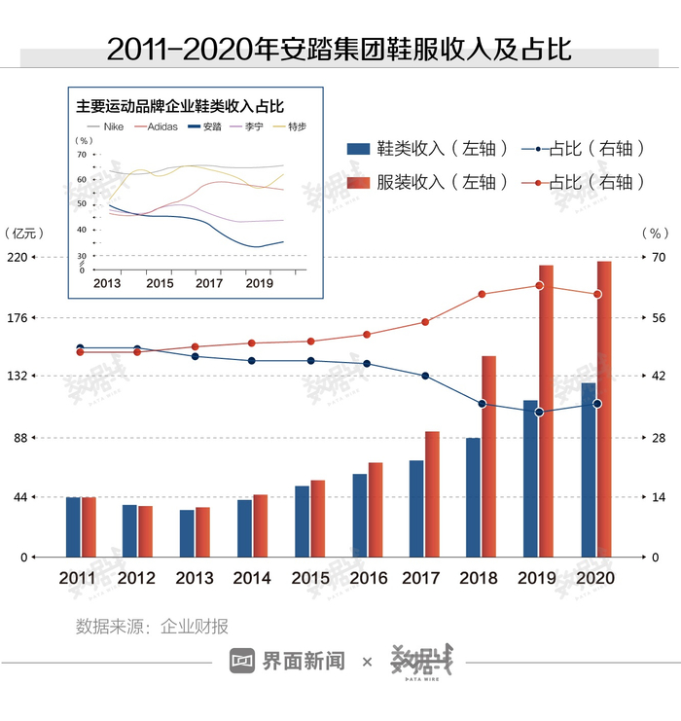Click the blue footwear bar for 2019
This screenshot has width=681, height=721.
point(530,478)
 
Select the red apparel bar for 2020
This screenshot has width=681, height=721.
point(604,409)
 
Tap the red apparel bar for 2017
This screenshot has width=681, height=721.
point(433,493)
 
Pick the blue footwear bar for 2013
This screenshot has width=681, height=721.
point(187,533)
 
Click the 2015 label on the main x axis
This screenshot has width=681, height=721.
point(310,578)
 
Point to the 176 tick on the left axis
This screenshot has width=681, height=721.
point(20,317)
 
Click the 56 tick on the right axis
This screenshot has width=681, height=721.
point(658,317)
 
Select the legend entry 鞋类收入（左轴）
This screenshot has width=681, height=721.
point(428,149)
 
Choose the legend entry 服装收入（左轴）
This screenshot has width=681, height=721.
point(428,182)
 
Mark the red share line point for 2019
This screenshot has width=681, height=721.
point(539,285)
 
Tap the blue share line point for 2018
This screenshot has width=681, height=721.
point(482,404)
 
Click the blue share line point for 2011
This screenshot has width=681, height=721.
point(81,347)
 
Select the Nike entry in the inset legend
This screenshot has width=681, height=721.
point(108,126)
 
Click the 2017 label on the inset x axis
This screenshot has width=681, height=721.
point(209,283)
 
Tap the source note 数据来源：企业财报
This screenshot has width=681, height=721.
point(152,626)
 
